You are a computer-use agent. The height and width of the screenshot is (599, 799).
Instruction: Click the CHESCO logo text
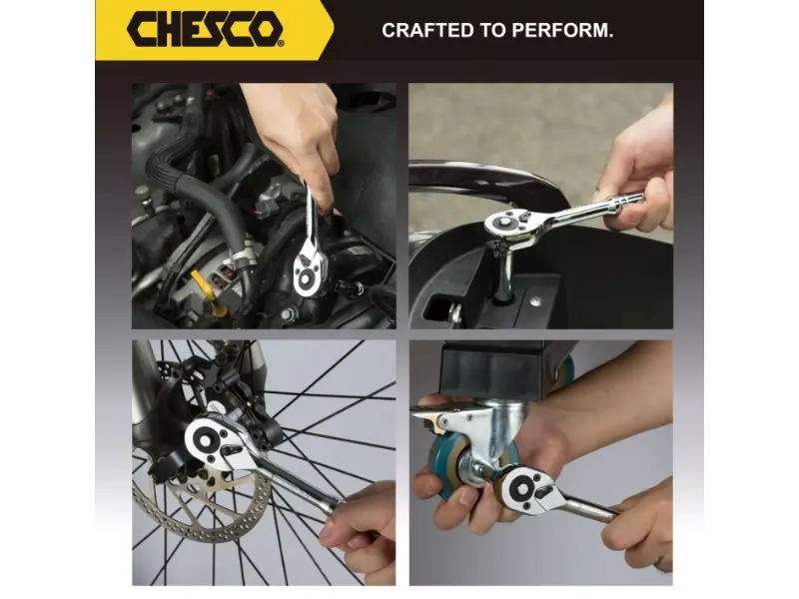pos(205,29)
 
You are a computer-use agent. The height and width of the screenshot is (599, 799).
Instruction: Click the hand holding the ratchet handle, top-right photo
pos(637,173)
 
